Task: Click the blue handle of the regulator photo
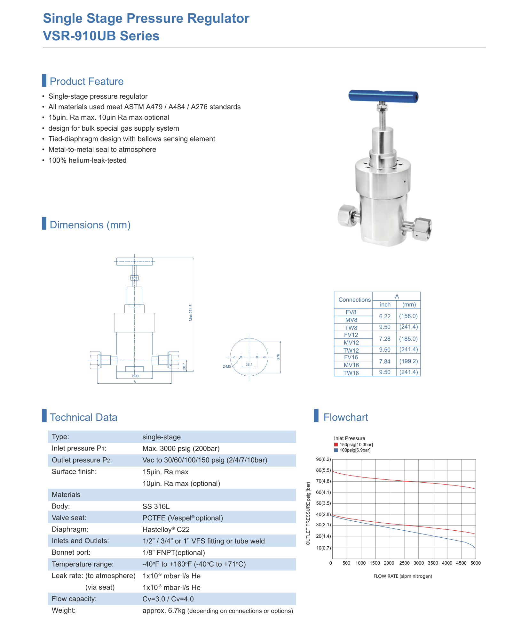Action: tap(383, 96)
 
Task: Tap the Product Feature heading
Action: tap(87, 81)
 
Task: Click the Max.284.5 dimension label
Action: tap(191, 313)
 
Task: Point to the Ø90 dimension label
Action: tap(135, 376)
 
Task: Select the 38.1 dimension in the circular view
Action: tap(249, 364)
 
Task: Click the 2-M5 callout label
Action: tap(227, 366)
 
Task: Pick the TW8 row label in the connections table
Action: tap(351, 328)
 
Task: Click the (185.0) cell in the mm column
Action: tap(408, 339)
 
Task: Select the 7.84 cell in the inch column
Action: tap(385, 361)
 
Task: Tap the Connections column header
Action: tap(354, 300)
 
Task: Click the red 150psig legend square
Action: tap(336, 445)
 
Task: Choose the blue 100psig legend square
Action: tap(336, 450)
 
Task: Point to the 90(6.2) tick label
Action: tap(323, 459)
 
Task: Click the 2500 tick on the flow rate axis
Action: tap(404, 563)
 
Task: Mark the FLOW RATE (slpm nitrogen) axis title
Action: tap(403, 576)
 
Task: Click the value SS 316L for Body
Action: tap(156, 506)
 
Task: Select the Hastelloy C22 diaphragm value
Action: tap(166, 529)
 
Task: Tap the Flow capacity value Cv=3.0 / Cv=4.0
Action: tap(168, 599)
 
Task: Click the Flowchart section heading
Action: tap(346, 417)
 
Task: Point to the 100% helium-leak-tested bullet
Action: tap(87, 160)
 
